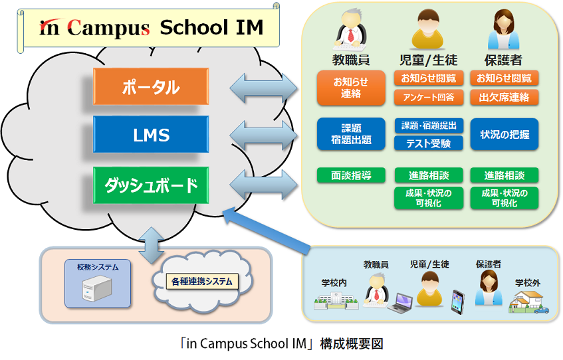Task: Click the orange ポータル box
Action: pos(151,86)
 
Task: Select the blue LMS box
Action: pos(151,135)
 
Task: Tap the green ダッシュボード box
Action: pos(151,185)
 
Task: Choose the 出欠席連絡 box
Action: pos(504,98)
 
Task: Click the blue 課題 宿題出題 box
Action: pos(351,135)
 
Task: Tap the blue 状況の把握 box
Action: pos(504,135)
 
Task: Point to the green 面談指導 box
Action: pos(351,176)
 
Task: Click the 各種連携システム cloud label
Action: pos(199,282)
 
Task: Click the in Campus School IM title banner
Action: pos(151,29)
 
